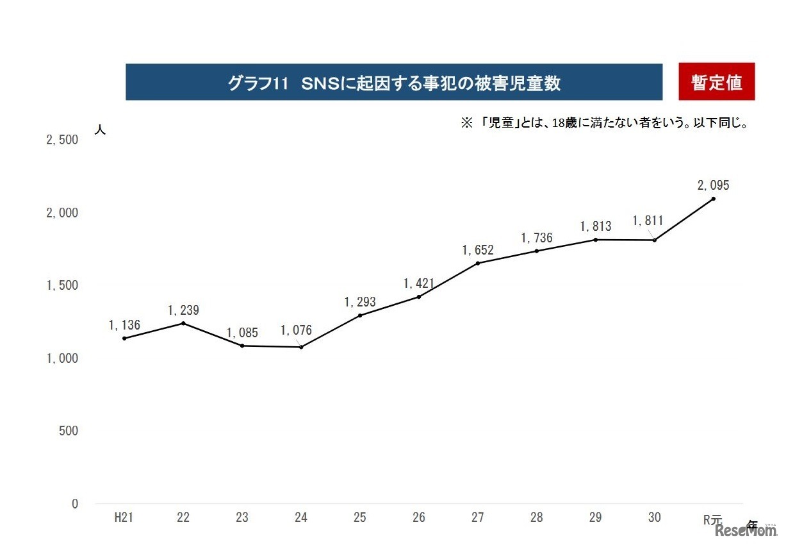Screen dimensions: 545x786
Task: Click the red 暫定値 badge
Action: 716,82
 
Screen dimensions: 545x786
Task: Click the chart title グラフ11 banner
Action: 393,82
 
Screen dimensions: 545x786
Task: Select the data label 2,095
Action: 713,185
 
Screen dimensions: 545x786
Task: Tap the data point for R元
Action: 713,199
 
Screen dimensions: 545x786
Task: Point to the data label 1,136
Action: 124,325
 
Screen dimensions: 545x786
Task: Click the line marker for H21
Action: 124,339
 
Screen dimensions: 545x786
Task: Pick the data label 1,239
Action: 183,310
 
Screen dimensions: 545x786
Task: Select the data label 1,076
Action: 296,331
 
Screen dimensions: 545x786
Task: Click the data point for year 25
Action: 360,315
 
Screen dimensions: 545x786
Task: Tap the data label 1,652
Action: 478,250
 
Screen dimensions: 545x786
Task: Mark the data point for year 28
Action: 537,251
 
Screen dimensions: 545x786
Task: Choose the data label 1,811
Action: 648,221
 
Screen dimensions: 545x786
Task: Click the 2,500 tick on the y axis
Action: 62,140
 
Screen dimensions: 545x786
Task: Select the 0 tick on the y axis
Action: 74,504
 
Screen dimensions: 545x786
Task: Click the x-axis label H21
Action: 124,519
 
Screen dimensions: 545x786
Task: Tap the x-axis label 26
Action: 419,519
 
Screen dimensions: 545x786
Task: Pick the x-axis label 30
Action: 654,519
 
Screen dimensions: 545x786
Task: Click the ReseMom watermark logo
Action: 744,531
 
